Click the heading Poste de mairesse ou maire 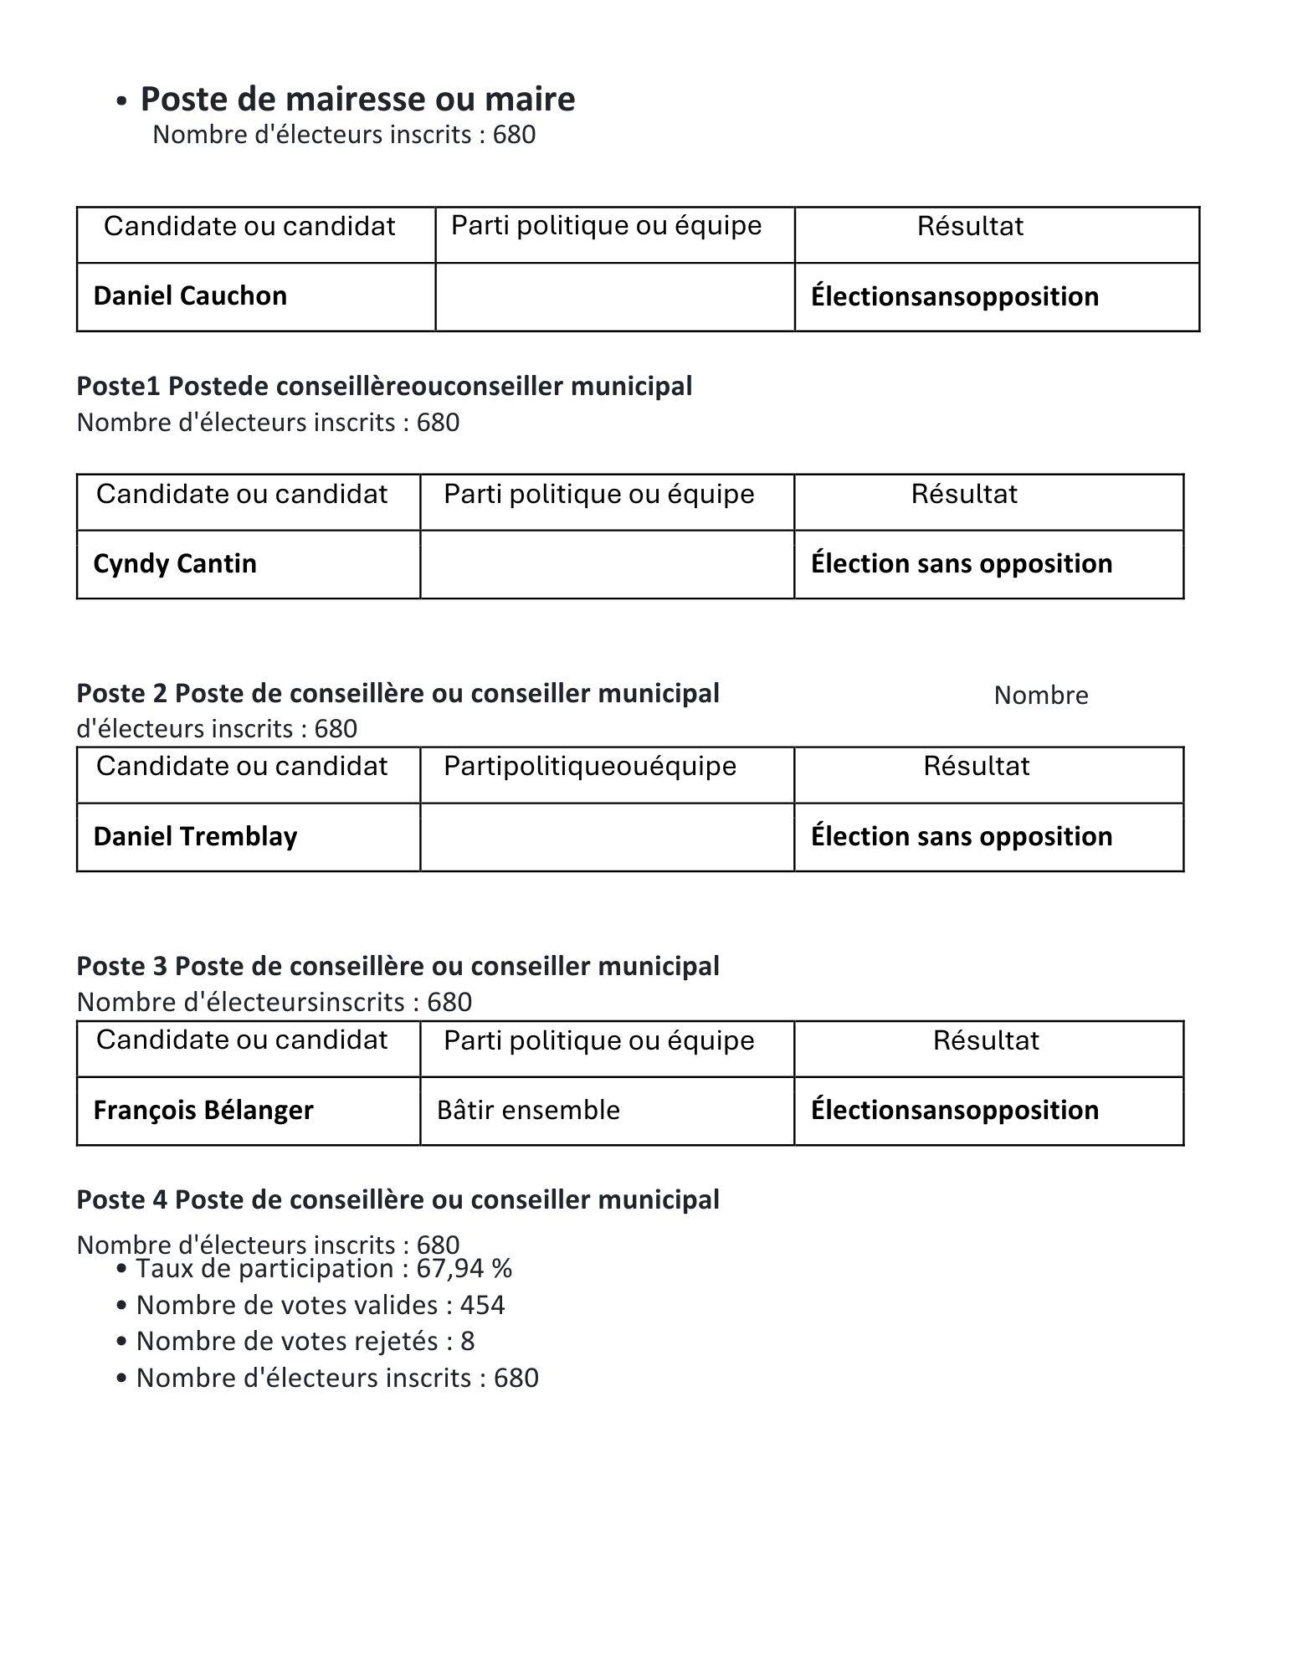tap(357, 99)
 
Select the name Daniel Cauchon tap(190, 295)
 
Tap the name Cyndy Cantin tap(175, 563)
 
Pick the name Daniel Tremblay tap(195, 836)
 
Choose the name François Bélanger tap(203, 1110)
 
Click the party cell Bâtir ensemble tap(528, 1110)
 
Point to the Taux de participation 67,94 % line tap(324, 1269)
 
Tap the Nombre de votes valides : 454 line tap(321, 1305)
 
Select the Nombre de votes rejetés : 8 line tap(305, 1341)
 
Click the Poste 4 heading tap(398, 1199)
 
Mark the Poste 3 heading tap(398, 966)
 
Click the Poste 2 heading tap(398, 693)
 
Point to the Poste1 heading tap(384, 386)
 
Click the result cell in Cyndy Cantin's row tap(962, 563)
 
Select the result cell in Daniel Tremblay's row tap(962, 836)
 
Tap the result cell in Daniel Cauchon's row tap(955, 296)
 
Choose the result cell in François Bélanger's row tap(955, 1110)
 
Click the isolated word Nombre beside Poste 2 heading tap(1041, 696)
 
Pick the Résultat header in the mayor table tap(970, 226)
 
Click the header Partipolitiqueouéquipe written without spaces tap(590, 766)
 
